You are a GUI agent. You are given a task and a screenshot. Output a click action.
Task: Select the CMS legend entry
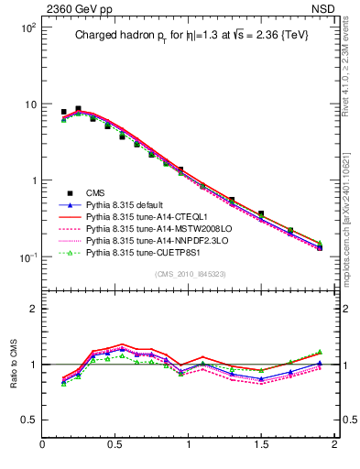(x=95, y=192)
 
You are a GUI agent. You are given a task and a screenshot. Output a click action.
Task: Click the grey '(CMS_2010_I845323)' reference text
(x=188, y=273)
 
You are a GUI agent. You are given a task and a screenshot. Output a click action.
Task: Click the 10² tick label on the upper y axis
(x=27, y=28)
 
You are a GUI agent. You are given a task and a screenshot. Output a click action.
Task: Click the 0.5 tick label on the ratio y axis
(x=27, y=420)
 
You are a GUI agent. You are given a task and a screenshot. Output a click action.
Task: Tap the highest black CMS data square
(x=78, y=109)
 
